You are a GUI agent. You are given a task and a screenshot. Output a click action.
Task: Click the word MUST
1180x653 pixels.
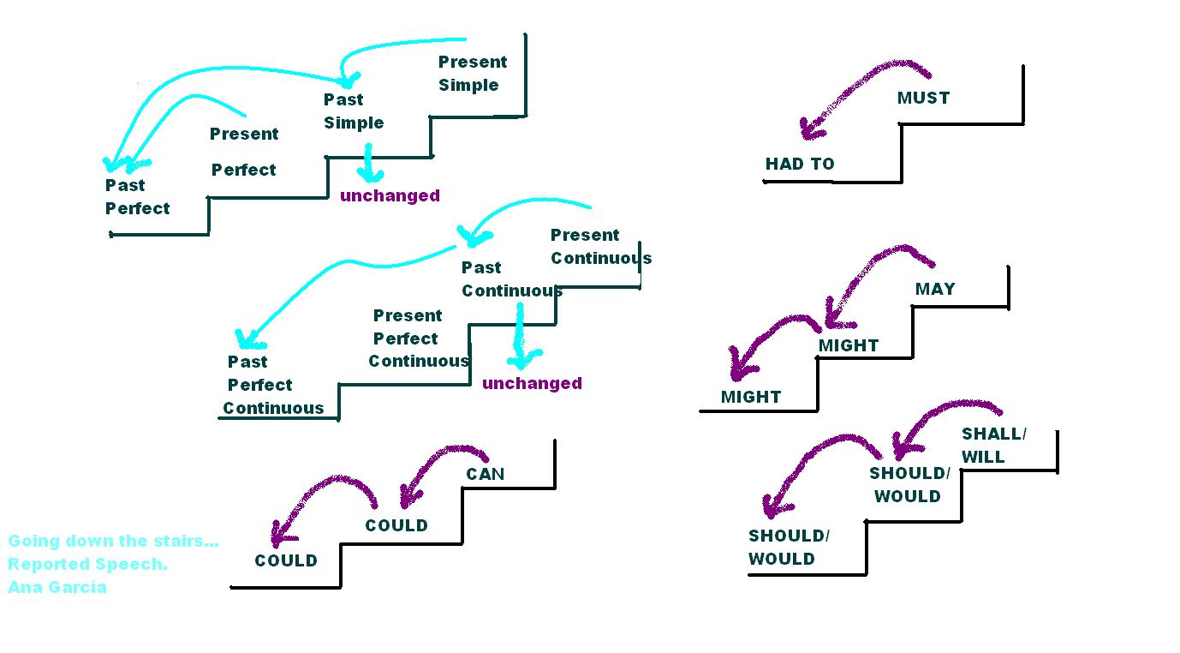[923, 98]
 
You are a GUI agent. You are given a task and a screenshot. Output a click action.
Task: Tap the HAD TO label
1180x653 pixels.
[800, 164]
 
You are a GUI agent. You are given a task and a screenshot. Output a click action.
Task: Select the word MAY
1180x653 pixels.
[935, 289]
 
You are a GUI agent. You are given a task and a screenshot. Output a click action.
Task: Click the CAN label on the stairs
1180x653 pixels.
[486, 474]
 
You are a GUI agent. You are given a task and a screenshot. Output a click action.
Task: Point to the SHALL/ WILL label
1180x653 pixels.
[994, 446]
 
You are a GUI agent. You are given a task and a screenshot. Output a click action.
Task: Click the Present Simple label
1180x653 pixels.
[473, 73]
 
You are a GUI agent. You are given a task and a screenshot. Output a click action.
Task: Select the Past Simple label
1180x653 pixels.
[354, 111]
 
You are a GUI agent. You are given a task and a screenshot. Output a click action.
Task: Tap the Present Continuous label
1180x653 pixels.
[601, 246]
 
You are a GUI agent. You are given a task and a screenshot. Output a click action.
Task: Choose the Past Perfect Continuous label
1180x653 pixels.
[273, 385]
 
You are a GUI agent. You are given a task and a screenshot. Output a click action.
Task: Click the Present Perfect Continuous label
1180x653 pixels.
[419, 338]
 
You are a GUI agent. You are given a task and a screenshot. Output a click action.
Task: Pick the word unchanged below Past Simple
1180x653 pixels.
[390, 195]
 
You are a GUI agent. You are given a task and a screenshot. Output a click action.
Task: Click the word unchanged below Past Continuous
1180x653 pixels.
[532, 383]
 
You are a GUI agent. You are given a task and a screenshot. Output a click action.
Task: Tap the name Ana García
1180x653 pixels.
[57, 587]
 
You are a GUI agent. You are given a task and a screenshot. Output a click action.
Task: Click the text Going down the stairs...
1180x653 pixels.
[113, 541]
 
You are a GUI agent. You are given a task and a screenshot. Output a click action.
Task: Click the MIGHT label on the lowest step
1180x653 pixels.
[751, 397]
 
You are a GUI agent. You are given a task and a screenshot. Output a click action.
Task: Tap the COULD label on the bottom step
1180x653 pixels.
[286, 560]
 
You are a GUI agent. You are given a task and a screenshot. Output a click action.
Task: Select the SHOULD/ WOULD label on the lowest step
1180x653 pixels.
[789, 547]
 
